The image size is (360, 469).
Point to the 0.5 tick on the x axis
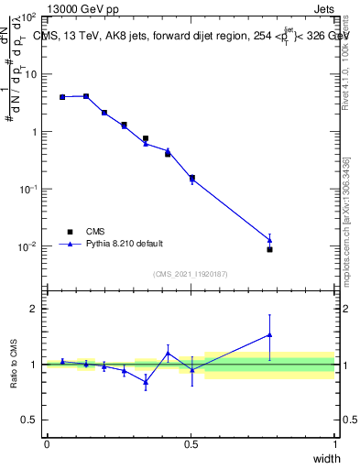[191, 444]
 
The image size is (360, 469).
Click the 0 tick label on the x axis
[47, 444]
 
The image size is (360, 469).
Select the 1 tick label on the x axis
[335, 444]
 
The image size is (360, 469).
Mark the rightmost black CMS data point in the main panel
[269, 249]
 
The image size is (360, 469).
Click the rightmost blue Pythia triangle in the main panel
[269, 240]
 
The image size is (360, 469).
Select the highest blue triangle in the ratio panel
[269, 334]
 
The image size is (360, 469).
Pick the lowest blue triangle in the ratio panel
[146, 381]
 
